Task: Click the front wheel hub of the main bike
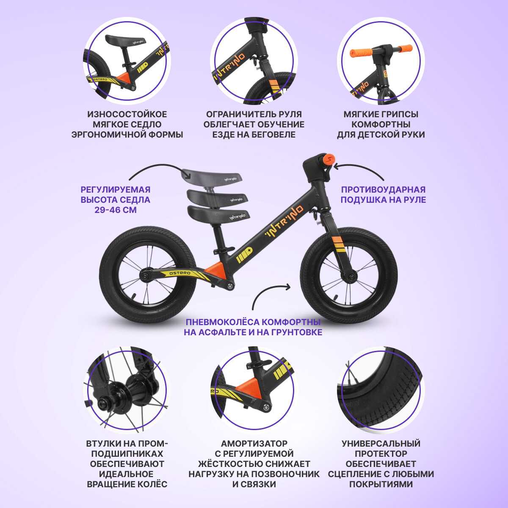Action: (351, 277)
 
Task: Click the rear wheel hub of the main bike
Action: (144, 276)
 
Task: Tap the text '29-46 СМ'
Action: (116, 210)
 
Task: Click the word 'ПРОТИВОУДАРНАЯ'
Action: (383, 190)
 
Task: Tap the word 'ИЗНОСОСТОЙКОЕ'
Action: (127, 114)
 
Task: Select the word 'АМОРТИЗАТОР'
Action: (254, 443)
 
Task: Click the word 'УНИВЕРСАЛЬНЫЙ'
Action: (381, 443)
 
